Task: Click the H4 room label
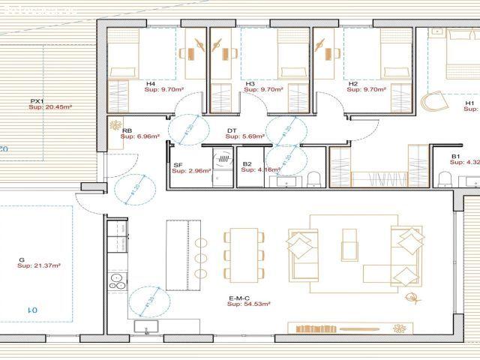pos(150,83)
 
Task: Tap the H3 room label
pos(250,83)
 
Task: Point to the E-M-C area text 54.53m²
pos(250,304)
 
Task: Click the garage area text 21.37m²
pos(44,265)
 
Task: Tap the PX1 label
pos(37,101)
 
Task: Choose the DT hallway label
pos(232,130)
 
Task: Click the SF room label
pos(178,164)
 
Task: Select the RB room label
pos(127,130)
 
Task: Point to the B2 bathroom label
pos(247,164)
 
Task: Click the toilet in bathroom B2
pos(314,178)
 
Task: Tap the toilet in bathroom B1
pos(445,178)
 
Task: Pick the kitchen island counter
pos(178,255)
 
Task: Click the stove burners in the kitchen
pos(117,280)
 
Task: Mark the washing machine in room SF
pos(222,160)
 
